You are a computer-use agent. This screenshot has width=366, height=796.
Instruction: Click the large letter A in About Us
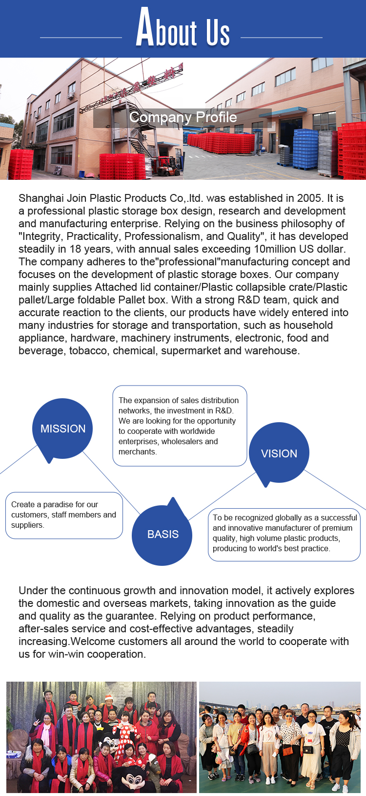click(x=145, y=28)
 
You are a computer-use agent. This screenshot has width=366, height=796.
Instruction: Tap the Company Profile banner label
click(x=183, y=118)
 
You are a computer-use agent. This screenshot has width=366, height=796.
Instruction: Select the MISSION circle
click(x=63, y=429)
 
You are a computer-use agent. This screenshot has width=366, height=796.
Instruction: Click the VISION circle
click(x=279, y=453)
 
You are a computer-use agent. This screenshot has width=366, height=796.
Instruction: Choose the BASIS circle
click(x=163, y=534)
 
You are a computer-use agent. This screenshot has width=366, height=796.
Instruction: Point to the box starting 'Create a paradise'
click(x=64, y=515)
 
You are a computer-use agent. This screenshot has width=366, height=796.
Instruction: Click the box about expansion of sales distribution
click(x=180, y=426)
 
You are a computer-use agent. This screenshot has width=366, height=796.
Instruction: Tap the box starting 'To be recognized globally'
click(x=284, y=533)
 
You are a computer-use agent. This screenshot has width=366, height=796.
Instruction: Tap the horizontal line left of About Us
click(x=81, y=37)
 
